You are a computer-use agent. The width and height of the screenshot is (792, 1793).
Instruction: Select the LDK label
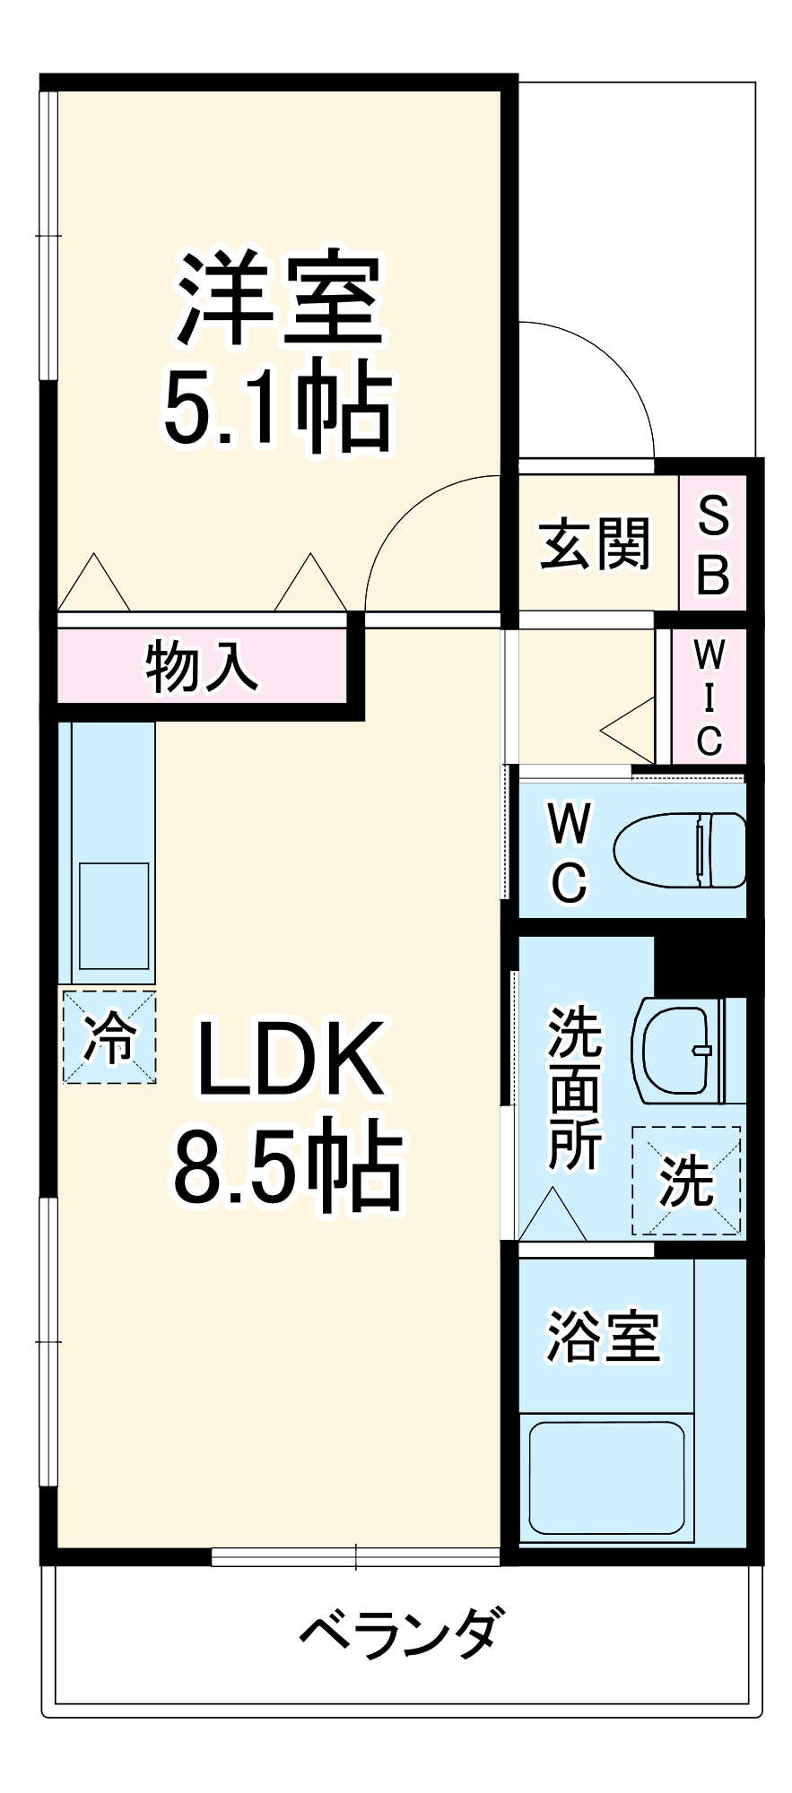point(289,1061)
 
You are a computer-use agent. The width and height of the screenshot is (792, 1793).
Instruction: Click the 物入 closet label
point(201,666)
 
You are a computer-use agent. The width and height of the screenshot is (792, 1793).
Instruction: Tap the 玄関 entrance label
point(594,543)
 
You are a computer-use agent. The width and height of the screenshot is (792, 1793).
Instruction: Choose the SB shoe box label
point(713,544)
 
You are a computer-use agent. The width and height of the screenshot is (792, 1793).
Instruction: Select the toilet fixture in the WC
point(680,850)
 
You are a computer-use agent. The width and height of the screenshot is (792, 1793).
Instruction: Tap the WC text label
point(570,853)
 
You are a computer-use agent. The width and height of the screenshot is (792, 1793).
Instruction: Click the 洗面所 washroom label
point(574,1088)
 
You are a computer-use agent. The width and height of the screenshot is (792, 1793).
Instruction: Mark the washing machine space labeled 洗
point(686,1181)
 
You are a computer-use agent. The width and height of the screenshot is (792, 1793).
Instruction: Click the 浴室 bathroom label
point(603,1337)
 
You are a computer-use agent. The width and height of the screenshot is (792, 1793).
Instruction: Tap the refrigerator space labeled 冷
point(109,1037)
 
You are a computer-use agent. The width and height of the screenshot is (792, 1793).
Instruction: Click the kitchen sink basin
point(114,915)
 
